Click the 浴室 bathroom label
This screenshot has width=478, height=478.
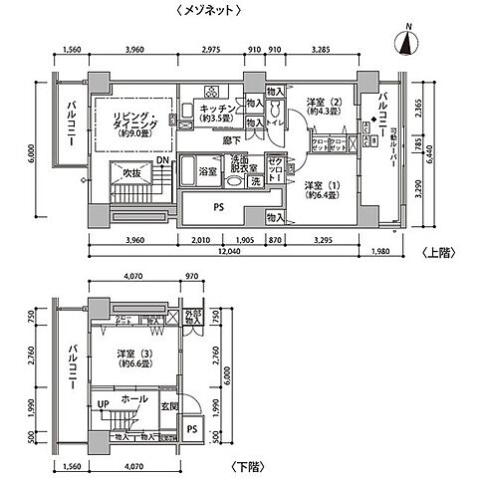click(208, 171)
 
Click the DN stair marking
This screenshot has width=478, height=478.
click(161, 160)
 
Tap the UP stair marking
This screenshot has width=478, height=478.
click(103, 403)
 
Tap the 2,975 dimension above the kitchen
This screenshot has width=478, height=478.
click(210, 47)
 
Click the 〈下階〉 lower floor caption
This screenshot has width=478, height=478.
click(240, 466)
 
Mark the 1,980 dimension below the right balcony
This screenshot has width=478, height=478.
click(381, 251)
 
